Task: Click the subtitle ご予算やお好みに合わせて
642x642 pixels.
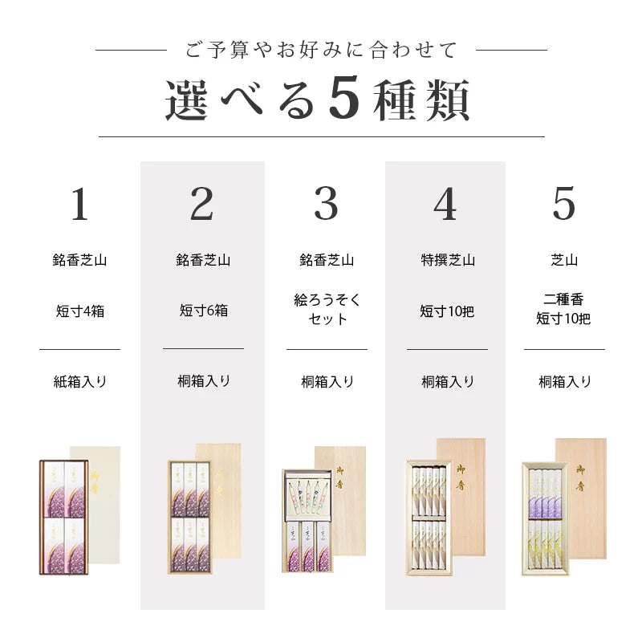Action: pyautogui.click(x=321, y=50)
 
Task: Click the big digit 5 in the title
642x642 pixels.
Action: pyautogui.click(x=343, y=100)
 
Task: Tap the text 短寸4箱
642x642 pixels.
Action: pyautogui.click(x=79, y=311)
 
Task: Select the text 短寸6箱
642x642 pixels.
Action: pyautogui.click(x=203, y=311)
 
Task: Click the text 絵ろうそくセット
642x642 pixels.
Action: pyautogui.click(x=326, y=310)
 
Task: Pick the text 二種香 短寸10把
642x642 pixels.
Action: pyautogui.click(x=563, y=310)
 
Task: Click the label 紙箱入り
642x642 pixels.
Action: pyautogui.click(x=79, y=382)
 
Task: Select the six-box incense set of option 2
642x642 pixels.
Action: pyautogui.click(x=189, y=518)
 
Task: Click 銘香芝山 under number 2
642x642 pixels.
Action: pyautogui.click(x=203, y=260)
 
